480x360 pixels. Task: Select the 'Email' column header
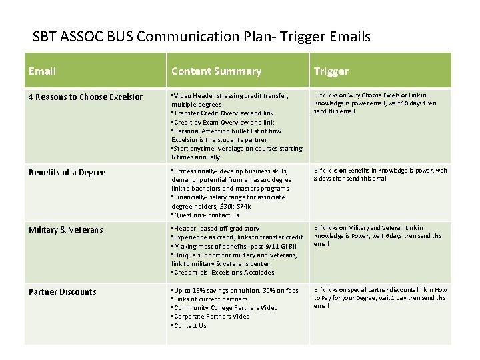coord(42,71)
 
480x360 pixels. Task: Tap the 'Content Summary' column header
coord(216,71)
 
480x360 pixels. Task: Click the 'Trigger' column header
coord(331,71)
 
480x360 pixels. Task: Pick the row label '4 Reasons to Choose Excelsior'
coord(85,97)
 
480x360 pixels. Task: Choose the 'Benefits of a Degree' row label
coord(67,173)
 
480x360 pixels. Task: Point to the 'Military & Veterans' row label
coord(65,229)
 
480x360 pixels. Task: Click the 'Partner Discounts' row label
coord(63,291)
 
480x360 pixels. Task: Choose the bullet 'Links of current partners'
coord(211,299)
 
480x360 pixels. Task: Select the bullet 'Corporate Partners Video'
coord(211,317)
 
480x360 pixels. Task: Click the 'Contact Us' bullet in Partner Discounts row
coord(190,325)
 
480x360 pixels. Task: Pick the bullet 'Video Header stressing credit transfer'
coord(231,96)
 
